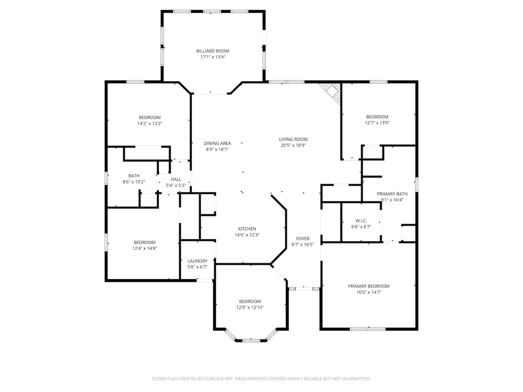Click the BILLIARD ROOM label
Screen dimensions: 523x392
tap(212, 51)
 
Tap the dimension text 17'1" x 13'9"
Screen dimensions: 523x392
tap(212, 57)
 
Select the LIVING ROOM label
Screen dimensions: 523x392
tap(293, 139)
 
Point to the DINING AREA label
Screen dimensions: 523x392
tap(217, 143)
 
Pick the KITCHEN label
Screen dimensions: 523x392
tap(247, 229)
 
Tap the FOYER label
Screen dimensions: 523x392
tap(303, 238)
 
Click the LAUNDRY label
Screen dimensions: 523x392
tap(197, 261)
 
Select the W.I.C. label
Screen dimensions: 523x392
tap(361, 221)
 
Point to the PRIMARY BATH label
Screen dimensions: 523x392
tap(392, 194)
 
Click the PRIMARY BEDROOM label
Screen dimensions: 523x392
tap(369, 286)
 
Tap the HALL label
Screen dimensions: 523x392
tap(176, 179)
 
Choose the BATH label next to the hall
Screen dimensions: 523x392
tap(134, 176)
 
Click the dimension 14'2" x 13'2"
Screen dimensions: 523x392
tap(150, 123)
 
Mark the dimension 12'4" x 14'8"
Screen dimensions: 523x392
tap(145, 248)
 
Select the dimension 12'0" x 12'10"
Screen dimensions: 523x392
tap(250, 307)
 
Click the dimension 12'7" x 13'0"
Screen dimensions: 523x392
tap(377, 123)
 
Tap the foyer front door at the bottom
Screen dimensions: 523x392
tap(304, 289)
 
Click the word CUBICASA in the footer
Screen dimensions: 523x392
tap(214, 379)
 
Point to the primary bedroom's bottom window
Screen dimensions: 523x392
tap(368, 329)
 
